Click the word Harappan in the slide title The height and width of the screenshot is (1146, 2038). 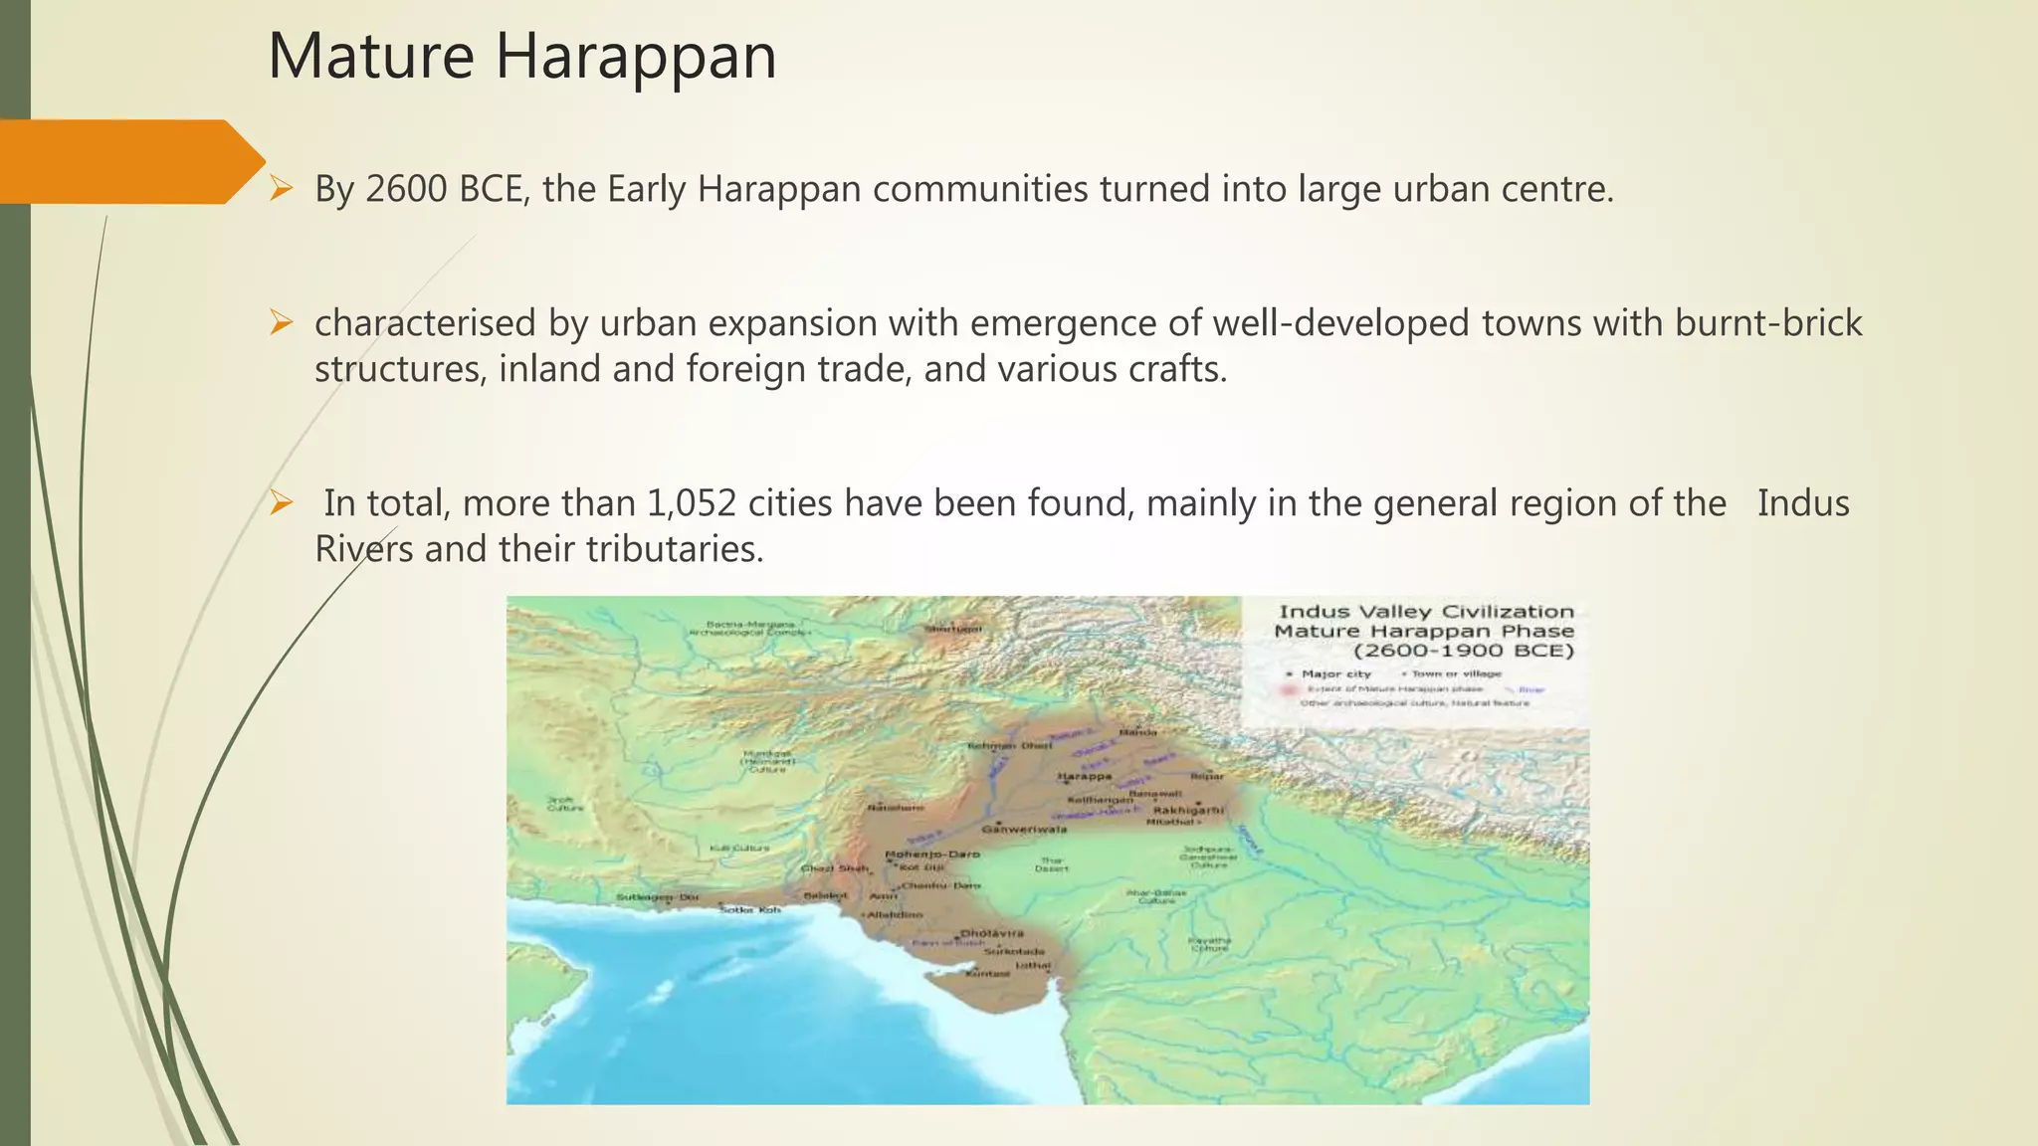pos(635,57)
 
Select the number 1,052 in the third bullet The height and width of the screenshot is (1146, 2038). pos(692,503)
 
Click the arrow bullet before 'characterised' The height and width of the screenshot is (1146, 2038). pos(282,323)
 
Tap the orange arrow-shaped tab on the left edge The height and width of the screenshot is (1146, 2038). pos(129,161)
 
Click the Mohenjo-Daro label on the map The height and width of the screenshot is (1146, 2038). pos(932,854)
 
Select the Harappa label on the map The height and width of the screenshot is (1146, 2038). pos(1084,776)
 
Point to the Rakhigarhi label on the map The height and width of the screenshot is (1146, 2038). pos(1188,810)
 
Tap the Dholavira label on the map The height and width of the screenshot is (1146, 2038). pos(992,933)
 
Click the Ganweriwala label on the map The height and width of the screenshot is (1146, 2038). pos(1024,829)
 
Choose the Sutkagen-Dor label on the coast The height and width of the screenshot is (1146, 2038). pos(658,897)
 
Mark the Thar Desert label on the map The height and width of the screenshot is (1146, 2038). pos(1052,863)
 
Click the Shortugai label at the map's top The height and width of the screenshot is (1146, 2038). pos(953,629)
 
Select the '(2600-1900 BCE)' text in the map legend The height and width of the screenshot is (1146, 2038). pos(1463,651)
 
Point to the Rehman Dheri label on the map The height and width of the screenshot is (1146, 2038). pos(1010,745)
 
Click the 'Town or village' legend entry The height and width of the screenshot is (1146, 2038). pos(1456,673)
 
